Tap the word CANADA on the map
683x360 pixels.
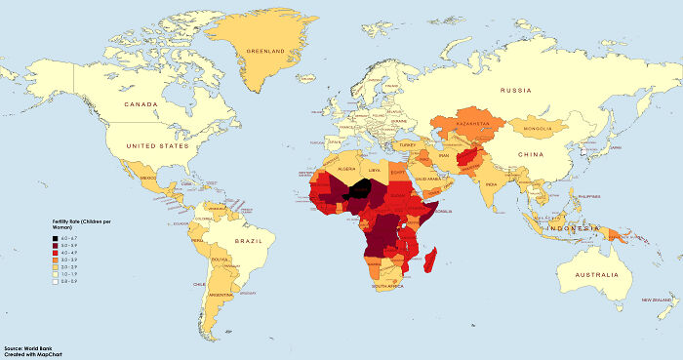(141, 102)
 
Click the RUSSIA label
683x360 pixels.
(515, 91)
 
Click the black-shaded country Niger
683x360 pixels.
(361, 189)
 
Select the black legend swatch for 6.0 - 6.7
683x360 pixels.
(56, 237)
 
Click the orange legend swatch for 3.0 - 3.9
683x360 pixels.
(56, 260)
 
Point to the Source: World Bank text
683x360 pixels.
(28, 347)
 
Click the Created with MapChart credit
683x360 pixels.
(33, 354)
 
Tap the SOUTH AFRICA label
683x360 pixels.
(386, 286)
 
